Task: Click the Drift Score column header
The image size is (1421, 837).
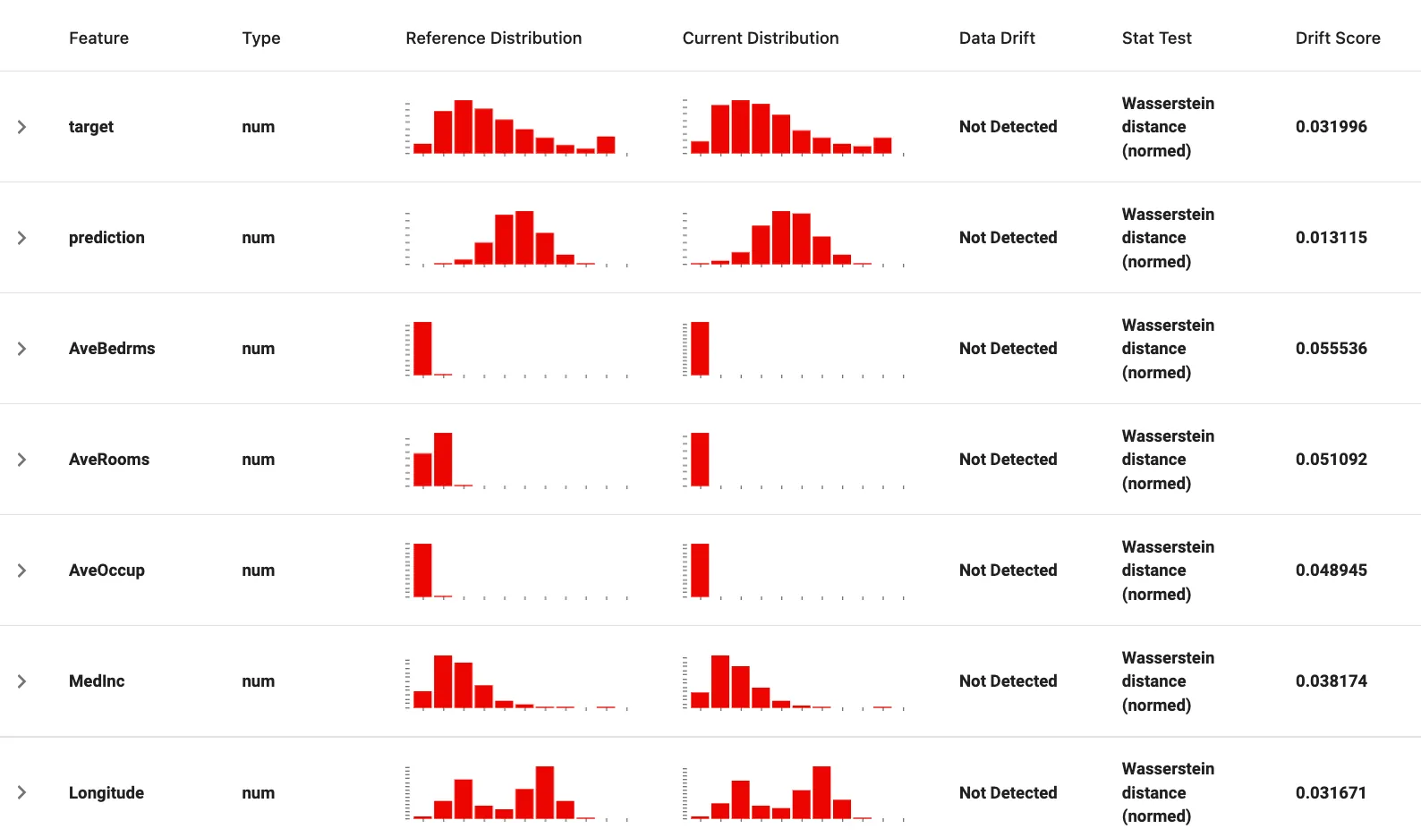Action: pos(1337,38)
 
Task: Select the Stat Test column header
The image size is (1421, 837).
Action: pos(1156,38)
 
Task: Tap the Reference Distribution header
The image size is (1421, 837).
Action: pos(494,38)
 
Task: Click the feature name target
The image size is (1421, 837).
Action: pos(90,127)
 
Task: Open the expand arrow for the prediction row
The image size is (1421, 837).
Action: pos(21,238)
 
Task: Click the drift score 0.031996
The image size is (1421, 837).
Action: pos(1331,127)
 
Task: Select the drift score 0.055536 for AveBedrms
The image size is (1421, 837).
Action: pos(1331,348)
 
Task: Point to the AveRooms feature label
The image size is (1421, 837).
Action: pos(109,459)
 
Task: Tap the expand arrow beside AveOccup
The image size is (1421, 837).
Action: pos(21,570)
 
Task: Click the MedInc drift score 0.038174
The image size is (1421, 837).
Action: pos(1331,681)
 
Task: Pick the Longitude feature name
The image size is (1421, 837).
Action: pos(106,792)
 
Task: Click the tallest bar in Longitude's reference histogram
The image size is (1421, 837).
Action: pos(544,792)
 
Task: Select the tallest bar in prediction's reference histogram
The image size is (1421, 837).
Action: pos(524,238)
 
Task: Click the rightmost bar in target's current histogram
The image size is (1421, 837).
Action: pos(881,145)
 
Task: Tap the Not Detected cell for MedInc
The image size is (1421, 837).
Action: pos(1008,681)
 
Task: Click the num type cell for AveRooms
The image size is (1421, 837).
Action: pos(259,459)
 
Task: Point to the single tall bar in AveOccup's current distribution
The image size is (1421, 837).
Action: pos(700,570)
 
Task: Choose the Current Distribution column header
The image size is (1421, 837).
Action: pos(760,38)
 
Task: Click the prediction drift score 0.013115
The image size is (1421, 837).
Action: pos(1331,238)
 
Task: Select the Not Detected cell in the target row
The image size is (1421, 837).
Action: pos(1008,127)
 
